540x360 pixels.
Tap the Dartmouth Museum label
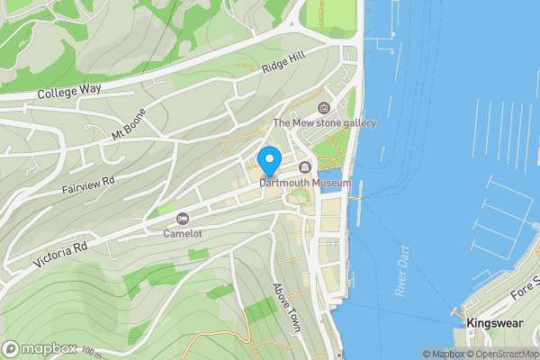click(x=304, y=183)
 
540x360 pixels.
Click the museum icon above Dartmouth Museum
click(x=304, y=167)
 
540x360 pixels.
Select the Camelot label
click(x=183, y=233)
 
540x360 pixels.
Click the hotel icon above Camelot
click(x=183, y=219)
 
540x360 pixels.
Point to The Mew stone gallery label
click(x=324, y=123)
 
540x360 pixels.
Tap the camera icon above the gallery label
click(x=324, y=108)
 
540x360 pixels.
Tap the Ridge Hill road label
click(x=283, y=64)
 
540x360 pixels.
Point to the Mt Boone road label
click(x=129, y=129)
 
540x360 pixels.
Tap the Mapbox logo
click(x=40, y=348)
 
